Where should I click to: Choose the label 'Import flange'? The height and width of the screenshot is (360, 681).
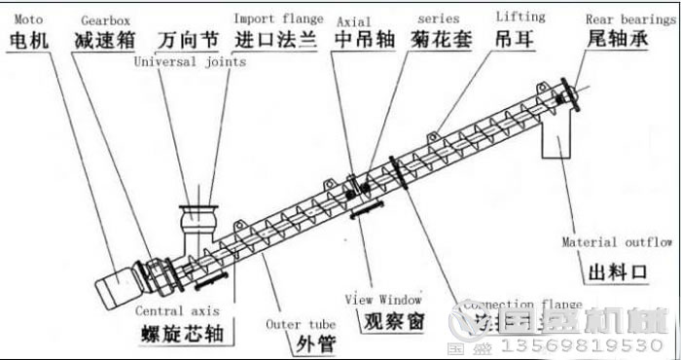[277, 18]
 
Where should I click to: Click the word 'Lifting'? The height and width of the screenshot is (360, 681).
[520, 18]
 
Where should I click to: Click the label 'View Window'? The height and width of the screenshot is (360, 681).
[383, 300]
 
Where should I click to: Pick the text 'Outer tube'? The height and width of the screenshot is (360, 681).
[301, 324]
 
